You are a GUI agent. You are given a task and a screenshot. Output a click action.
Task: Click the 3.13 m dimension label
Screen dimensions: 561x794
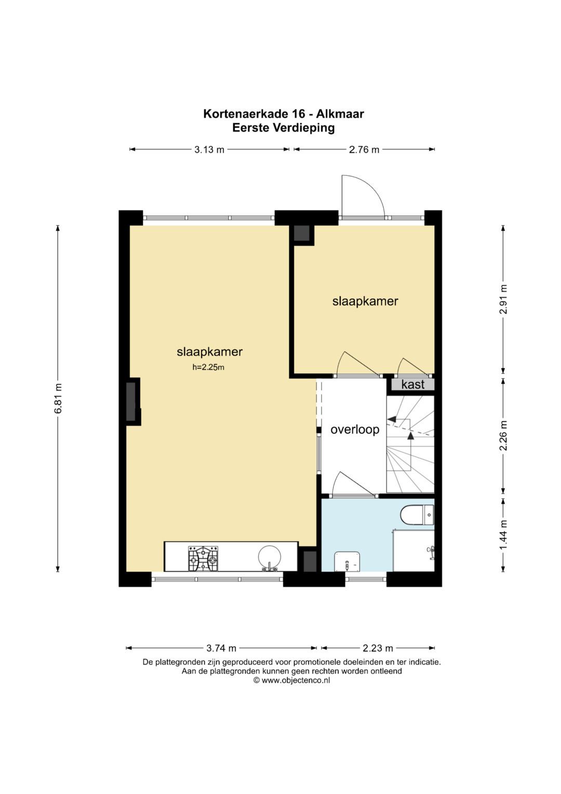pos(209,150)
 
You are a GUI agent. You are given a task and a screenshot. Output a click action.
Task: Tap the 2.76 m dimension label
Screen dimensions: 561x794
pos(364,150)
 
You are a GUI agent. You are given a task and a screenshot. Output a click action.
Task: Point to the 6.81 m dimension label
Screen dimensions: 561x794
pos(58,398)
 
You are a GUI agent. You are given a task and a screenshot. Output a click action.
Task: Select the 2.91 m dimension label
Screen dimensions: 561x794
pos(503,299)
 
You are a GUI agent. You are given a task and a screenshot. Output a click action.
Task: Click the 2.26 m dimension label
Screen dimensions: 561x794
pos(503,435)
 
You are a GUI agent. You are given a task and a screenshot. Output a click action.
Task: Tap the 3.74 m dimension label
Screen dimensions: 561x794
pos(221,648)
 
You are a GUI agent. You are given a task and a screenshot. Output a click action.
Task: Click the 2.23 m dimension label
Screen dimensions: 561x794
pos(378,648)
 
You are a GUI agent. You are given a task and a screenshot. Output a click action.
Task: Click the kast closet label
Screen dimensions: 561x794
pos(412,384)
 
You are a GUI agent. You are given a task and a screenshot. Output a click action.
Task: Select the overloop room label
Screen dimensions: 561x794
pos(355,429)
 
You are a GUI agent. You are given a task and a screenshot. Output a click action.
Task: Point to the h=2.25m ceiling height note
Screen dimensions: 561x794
pos(208,368)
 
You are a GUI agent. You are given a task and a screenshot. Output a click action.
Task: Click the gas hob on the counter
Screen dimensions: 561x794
pos(203,558)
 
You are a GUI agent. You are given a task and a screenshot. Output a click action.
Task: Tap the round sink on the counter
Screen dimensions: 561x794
pos(270,558)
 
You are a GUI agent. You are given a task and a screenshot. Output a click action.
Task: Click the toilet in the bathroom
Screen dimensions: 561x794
pos(417,515)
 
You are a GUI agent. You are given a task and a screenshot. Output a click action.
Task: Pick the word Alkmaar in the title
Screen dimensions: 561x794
pos(340,114)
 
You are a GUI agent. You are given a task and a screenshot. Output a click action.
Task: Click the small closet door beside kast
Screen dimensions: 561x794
pos(413,367)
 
